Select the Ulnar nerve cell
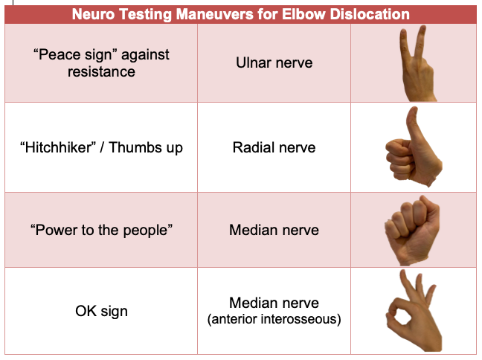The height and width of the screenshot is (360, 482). coord(274,62)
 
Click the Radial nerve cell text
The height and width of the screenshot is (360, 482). coord(274,147)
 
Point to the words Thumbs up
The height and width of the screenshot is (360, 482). coord(146,147)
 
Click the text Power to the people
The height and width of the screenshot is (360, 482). coord(101,230)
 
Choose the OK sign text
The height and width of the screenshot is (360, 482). coord(101,311)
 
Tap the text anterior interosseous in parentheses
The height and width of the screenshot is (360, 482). coord(274,319)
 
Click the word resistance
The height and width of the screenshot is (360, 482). coord(101,71)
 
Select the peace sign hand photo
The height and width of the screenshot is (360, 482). coord(417,63)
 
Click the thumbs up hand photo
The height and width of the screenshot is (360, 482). coord(414,147)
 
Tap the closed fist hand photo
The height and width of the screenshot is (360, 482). coord(412,231)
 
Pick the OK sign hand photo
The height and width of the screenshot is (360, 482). coord(414,310)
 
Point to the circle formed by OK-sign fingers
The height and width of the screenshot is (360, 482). coord(394,312)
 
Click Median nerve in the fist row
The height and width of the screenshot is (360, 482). coord(274,230)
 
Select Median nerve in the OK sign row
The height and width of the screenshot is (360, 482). coord(274,303)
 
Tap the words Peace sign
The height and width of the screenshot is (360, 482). coord(76,55)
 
